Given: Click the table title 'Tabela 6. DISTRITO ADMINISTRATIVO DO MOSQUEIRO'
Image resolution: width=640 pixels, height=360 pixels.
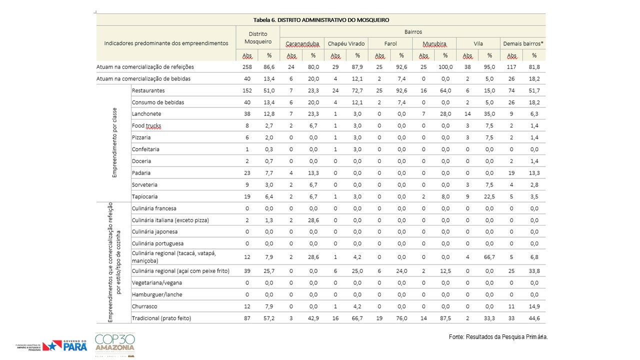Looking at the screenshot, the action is click(x=321, y=20).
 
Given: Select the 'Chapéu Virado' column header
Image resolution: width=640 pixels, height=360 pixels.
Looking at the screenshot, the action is click(x=346, y=43).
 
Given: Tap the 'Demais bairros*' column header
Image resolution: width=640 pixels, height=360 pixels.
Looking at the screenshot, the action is click(x=523, y=43).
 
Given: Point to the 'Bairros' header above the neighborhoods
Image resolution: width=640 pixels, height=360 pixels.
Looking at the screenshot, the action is click(x=413, y=31).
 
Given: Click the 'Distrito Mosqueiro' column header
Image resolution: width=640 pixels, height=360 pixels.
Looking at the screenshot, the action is click(x=257, y=37).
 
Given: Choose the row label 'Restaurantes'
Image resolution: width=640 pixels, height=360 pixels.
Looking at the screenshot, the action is click(x=148, y=90).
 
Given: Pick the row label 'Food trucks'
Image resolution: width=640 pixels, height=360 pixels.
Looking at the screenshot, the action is click(x=146, y=125).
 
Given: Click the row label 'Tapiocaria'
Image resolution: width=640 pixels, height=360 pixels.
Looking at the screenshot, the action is click(x=144, y=196).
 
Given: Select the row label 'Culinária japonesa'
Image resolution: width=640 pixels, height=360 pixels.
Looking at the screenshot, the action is click(x=154, y=231).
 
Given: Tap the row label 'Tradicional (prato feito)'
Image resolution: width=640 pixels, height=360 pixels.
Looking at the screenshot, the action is click(x=161, y=318).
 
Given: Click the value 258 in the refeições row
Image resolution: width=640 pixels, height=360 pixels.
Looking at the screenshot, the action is click(x=247, y=67).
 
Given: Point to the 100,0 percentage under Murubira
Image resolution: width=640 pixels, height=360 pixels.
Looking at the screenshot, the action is click(x=445, y=67).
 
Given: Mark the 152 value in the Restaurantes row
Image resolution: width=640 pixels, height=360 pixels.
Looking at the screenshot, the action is click(x=247, y=90).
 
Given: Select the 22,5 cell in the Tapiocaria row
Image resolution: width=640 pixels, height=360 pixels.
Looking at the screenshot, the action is click(x=489, y=196).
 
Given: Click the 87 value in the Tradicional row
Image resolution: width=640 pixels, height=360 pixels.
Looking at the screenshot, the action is click(x=247, y=318).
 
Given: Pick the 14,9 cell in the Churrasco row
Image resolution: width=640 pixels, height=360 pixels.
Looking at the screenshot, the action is click(x=534, y=306).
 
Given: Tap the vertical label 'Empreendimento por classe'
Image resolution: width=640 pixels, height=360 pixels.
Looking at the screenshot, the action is click(x=114, y=142).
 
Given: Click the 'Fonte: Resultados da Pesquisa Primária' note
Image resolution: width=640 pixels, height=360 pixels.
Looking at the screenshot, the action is click(x=498, y=337).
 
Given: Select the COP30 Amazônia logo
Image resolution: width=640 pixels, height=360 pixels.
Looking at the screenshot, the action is click(x=115, y=344).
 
